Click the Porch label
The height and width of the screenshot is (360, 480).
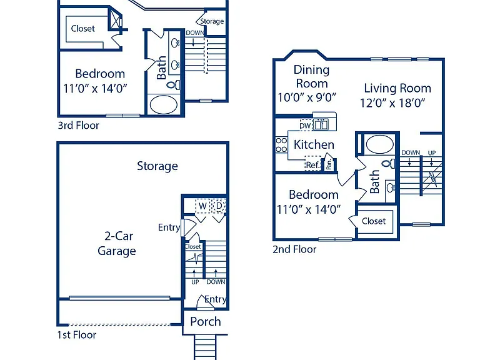pos(206,321)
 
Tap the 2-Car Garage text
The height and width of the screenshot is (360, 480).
pos(117,243)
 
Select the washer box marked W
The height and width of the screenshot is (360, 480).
pos(202,206)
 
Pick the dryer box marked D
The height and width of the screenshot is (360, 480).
pos(219,206)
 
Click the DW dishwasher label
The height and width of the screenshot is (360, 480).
pos(305,126)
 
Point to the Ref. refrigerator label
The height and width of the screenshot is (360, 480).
pos(313,165)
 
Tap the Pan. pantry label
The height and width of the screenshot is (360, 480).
pos(329,165)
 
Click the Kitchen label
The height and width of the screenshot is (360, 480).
pos(314,144)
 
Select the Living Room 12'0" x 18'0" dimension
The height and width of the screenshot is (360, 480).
pos(392,103)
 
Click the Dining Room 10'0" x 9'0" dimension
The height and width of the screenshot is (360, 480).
pos(307,97)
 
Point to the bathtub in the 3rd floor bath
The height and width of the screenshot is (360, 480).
pos(164,105)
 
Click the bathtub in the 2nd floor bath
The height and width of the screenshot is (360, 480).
pos(379,144)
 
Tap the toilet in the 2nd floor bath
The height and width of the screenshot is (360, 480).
pos(389,164)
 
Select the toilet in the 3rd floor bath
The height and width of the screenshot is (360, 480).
pos(173,85)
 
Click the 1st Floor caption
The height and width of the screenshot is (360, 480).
pos(76,334)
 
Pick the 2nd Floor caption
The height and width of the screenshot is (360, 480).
pos(294,249)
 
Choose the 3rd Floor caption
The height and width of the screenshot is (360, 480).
pos(78,125)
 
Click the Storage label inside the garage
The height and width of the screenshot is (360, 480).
pos(157,166)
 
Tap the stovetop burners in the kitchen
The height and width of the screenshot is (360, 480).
pos(281,145)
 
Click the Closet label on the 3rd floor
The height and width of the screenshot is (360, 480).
pos(82,29)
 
